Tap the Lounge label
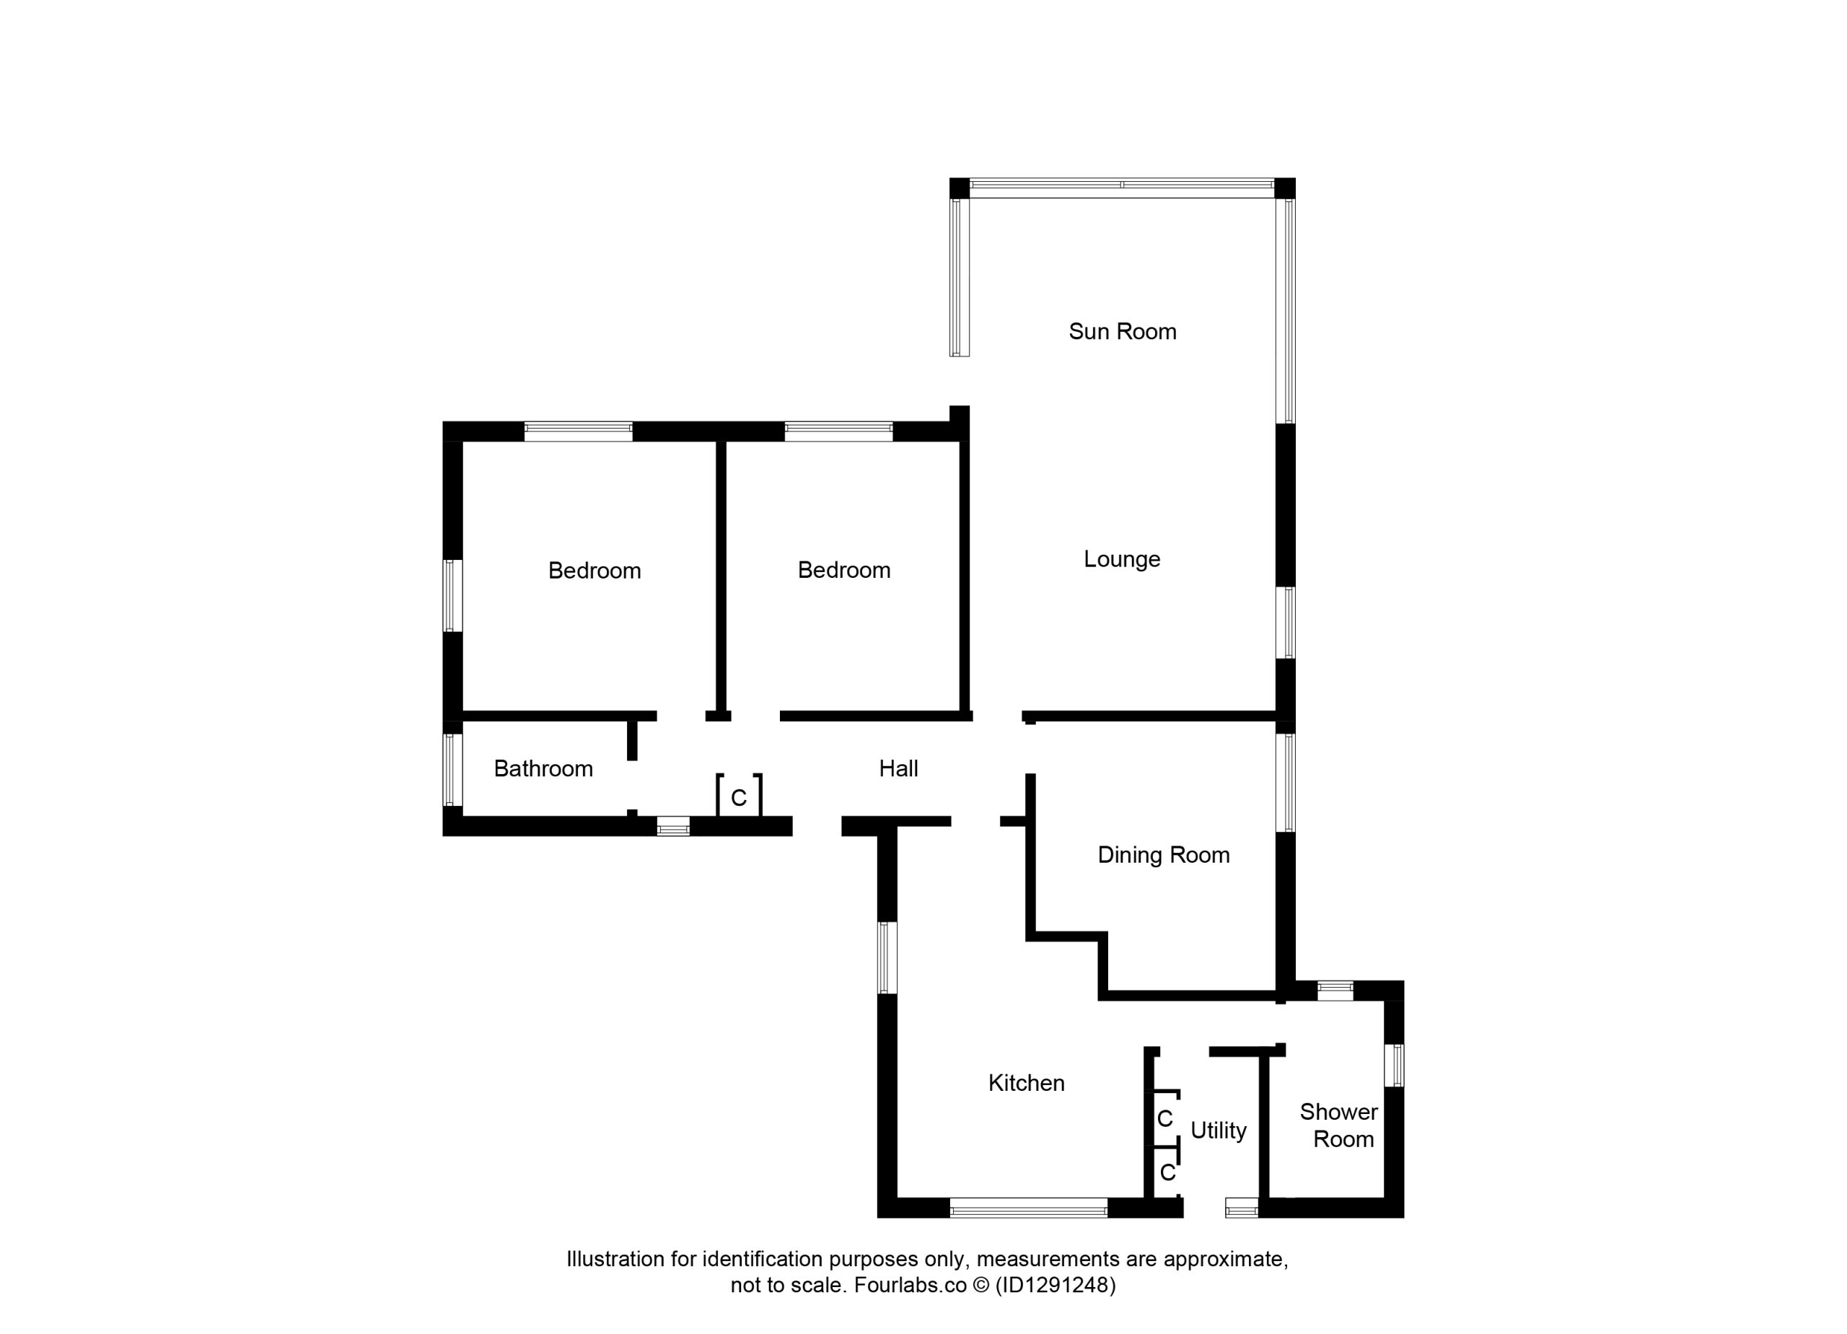coord(1121,559)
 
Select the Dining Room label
coord(1163,855)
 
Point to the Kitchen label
coord(1026,1083)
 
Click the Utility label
coord(1219,1131)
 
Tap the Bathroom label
coord(543,769)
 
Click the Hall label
coord(898,769)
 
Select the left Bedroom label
coord(595,571)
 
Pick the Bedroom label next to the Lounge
coord(843,570)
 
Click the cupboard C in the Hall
coord(739,798)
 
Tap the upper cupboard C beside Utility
coord(1164,1119)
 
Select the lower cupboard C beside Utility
coord(1168,1172)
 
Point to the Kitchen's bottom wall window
coord(1029,1208)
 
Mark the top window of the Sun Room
coord(1122,185)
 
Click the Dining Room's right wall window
coord(1285,783)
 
